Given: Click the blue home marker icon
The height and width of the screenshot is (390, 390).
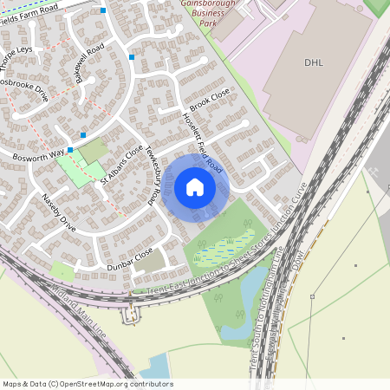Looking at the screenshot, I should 194,186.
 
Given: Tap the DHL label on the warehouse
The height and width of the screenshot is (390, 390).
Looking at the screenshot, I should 313,62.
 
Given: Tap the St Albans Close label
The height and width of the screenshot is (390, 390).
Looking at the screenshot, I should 120,165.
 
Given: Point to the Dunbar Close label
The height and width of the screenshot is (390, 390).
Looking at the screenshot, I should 130,257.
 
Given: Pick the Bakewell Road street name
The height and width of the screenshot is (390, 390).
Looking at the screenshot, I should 88,62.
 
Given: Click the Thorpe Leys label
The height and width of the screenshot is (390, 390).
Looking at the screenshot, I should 16,56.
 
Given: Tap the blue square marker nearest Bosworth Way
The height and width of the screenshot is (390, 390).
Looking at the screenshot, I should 83,135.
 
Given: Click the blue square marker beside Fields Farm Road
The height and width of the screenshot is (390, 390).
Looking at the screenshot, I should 103,10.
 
